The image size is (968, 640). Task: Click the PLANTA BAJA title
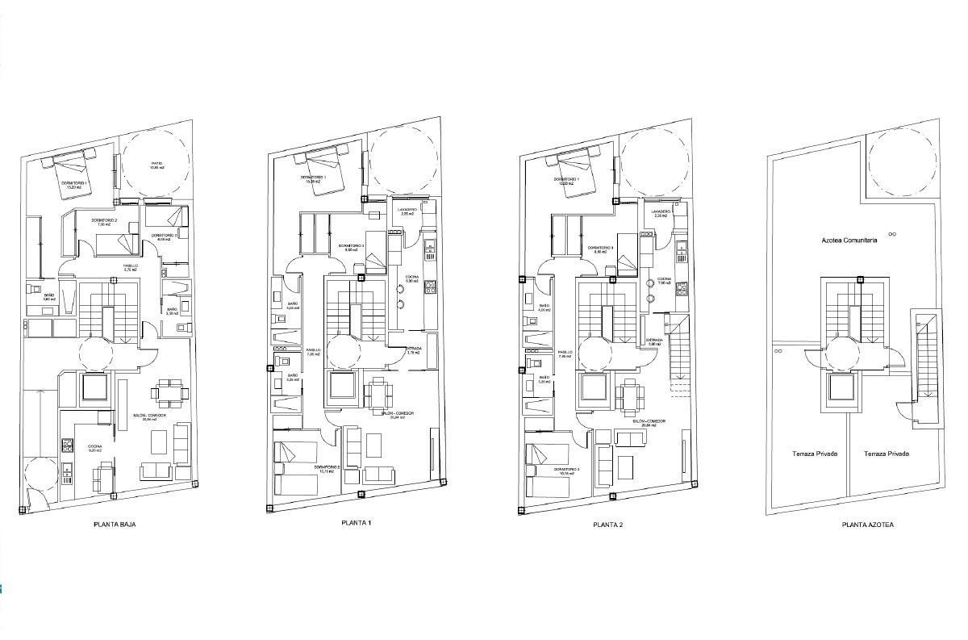(115, 525)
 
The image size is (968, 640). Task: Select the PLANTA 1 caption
(357, 523)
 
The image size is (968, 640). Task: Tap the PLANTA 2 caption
(607, 525)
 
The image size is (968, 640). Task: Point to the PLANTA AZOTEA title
(867, 525)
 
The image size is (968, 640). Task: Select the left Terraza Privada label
(815, 454)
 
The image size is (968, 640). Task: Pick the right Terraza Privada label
(886, 454)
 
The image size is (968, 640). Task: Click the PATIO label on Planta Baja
(156, 165)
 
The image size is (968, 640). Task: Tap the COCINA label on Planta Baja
(95, 445)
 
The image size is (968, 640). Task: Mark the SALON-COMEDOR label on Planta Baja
(149, 416)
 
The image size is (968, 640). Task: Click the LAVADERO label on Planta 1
(407, 211)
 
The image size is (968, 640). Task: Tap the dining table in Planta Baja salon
(170, 395)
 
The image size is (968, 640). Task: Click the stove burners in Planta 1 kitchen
(430, 287)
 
